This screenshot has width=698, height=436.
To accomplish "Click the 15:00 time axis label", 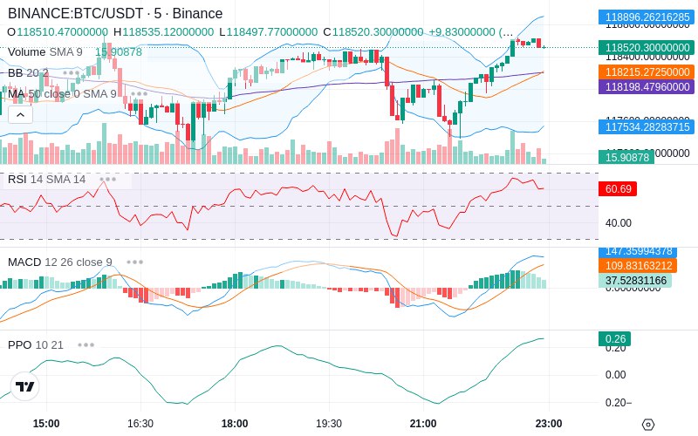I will click(x=46, y=423).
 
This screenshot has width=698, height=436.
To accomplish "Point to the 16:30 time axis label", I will click(x=140, y=423).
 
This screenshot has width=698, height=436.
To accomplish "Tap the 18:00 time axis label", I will click(x=235, y=423).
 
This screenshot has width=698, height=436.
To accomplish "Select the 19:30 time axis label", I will click(x=329, y=423).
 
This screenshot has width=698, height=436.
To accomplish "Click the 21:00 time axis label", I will click(x=423, y=423).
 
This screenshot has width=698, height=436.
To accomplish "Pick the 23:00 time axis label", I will click(x=548, y=423).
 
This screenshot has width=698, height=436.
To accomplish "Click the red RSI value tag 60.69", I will click(x=617, y=188).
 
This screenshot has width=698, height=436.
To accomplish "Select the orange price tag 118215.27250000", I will click(x=646, y=72).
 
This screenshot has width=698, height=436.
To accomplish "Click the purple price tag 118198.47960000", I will click(x=646, y=86).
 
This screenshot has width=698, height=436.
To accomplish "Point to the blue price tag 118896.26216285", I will click(x=646, y=17).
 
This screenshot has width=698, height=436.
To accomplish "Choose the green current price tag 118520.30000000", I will click(x=646, y=48).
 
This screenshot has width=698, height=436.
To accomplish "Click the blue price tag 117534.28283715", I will click(x=646, y=127).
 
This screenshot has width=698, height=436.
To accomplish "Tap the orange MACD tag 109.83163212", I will click(x=646, y=266).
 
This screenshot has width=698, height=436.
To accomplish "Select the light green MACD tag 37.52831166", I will click(x=646, y=280).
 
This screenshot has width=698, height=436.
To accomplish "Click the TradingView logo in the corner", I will click(x=25, y=386).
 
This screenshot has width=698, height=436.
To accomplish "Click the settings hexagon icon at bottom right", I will click(x=647, y=425).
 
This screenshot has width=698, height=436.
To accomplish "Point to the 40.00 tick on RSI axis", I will click(x=619, y=222).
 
